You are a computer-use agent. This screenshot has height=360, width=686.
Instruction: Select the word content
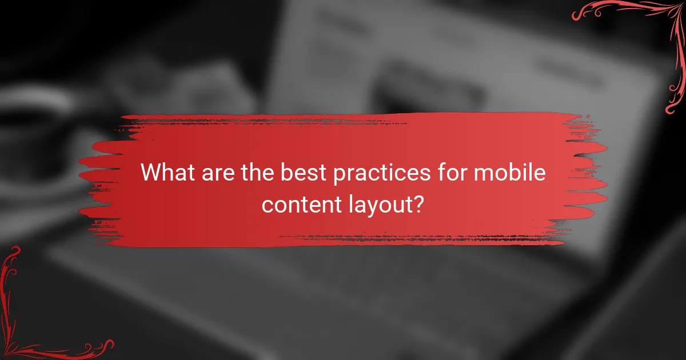click(297, 205)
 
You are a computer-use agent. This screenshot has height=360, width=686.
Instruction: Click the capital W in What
click(152, 173)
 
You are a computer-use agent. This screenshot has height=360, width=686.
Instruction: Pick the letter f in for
click(434, 173)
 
